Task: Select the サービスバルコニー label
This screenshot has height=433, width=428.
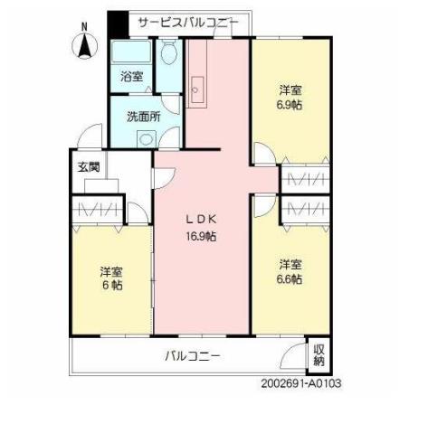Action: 188,22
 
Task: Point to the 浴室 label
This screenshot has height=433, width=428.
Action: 131,77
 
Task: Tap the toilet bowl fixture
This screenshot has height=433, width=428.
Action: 168,56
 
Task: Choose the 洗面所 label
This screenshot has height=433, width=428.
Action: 143,116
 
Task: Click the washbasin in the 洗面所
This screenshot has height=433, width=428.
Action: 145,137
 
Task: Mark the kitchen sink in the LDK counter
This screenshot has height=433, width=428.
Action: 200,90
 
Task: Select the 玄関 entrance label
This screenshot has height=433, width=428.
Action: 88,166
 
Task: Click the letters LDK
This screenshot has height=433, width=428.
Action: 201,220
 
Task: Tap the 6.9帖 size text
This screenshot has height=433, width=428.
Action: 290,105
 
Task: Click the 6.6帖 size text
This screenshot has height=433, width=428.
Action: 290,279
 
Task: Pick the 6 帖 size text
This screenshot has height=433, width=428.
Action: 111,285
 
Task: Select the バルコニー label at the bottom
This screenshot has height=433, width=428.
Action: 192,355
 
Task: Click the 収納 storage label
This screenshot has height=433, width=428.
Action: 319,354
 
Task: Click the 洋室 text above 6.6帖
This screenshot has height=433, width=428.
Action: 290,264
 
